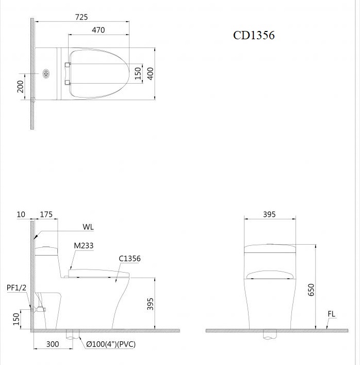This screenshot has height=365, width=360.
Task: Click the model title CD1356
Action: pyautogui.click(x=254, y=35)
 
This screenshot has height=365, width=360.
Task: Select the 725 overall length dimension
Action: pyautogui.click(x=81, y=17)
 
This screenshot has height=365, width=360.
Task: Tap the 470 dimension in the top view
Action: pyautogui.click(x=98, y=30)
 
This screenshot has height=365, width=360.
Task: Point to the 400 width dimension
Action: pyautogui.click(x=151, y=73)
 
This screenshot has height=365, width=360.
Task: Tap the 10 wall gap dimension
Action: pyautogui.click(x=20, y=214)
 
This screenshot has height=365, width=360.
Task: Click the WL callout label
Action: pyautogui.click(x=88, y=227)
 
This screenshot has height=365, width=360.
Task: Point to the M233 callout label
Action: pyautogui.click(x=83, y=246)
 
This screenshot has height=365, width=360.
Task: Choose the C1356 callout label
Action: pyautogui.click(x=129, y=259)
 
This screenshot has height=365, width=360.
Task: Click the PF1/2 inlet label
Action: pyautogui.click(x=16, y=287)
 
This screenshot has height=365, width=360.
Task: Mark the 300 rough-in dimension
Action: pyautogui.click(x=52, y=344)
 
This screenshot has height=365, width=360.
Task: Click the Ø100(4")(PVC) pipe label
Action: pyautogui.click(x=111, y=344)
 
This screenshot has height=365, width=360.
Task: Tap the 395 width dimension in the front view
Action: pyautogui.click(x=269, y=214)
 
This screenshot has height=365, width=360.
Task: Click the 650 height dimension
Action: pyautogui.click(x=311, y=290)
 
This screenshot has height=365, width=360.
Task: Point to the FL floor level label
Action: pyautogui.click(x=331, y=314)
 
